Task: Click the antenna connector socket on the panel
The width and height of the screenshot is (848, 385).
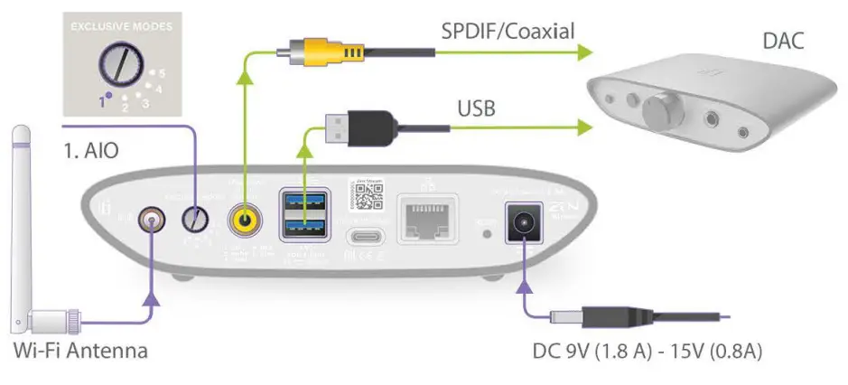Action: pos(148,220)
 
